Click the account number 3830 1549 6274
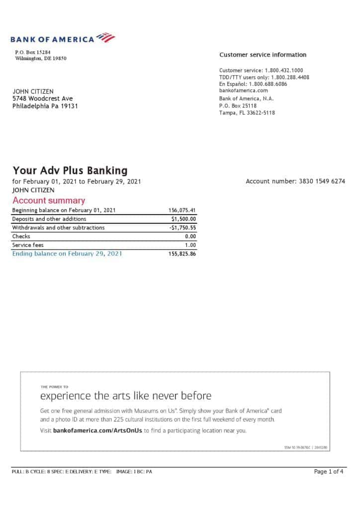pos(322,181)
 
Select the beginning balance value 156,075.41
pos(182,210)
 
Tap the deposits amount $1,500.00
pos(183,219)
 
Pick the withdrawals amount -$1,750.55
pos(182,228)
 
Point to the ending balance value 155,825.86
pos(182,254)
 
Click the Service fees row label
pos(28,245)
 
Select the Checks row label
pos(21,237)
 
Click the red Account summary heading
pos(49,201)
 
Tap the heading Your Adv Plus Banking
pos(70,171)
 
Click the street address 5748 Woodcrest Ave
pos(43,98)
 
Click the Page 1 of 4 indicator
pos(329,472)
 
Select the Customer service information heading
pos(263,55)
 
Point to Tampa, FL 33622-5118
pos(247,113)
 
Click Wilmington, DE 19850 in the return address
pos(41,58)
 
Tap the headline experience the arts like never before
pos(125,396)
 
